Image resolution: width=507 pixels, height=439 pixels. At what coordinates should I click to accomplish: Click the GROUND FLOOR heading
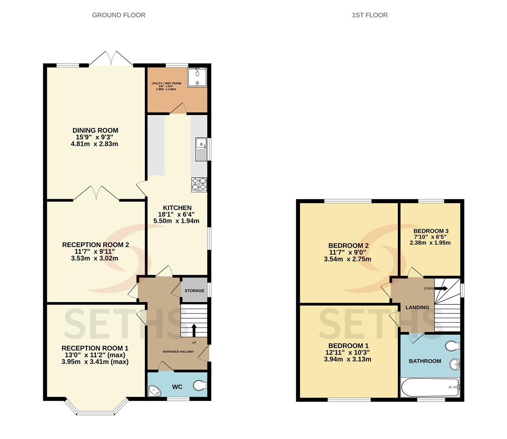pyautogui.click(x=119, y=15)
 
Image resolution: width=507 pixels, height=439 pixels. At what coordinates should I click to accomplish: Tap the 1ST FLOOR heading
pyautogui.click(x=370, y=15)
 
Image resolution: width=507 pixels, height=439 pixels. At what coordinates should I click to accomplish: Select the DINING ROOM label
pyautogui.click(x=95, y=130)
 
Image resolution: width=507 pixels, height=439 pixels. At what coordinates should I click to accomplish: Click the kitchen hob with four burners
pyautogui.click(x=199, y=185)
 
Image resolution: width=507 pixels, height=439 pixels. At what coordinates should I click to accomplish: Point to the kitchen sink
pyautogui.click(x=201, y=149)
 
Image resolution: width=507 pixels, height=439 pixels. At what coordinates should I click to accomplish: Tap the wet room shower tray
pyautogui.click(x=197, y=77)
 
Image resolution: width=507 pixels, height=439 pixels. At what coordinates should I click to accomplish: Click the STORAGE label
pyautogui.click(x=194, y=291)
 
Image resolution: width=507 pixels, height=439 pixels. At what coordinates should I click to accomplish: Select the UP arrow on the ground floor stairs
pyautogui.click(x=194, y=330)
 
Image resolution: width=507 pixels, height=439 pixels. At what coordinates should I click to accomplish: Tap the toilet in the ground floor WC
pyautogui.click(x=200, y=385)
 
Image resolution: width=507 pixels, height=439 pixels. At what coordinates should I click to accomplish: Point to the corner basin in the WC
pyautogui.click(x=155, y=390)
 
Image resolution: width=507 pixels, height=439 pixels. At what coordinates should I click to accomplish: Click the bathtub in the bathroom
pyautogui.click(x=430, y=387)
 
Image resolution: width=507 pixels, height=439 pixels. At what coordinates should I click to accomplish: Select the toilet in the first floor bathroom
pyautogui.click(x=453, y=346)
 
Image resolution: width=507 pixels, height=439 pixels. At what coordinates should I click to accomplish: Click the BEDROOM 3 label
pyautogui.click(x=431, y=231)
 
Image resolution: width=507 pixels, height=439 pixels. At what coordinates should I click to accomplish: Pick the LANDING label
pyautogui.click(x=417, y=307)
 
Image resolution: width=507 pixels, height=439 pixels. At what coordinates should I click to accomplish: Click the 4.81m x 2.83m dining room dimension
pyautogui.click(x=95, y=144)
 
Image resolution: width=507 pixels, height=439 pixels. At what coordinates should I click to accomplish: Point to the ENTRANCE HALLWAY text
pyautogui.click(x=178, y=352)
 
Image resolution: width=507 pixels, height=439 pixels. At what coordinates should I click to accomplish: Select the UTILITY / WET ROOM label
pyautogui.click(x=166, y=83)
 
